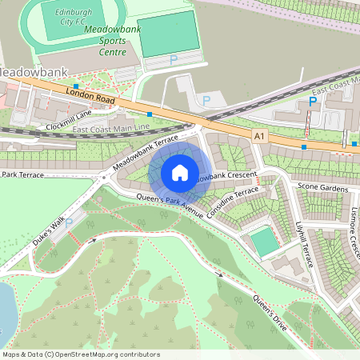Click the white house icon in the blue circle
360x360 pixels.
click(x=180, y=172)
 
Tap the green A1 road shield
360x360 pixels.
click(x=258, y=137)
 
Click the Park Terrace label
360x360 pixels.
click(x=22, y=174)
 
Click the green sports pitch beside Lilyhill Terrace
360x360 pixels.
click(x=265, y=242)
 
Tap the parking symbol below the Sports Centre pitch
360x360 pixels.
click(x=173, y=60)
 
